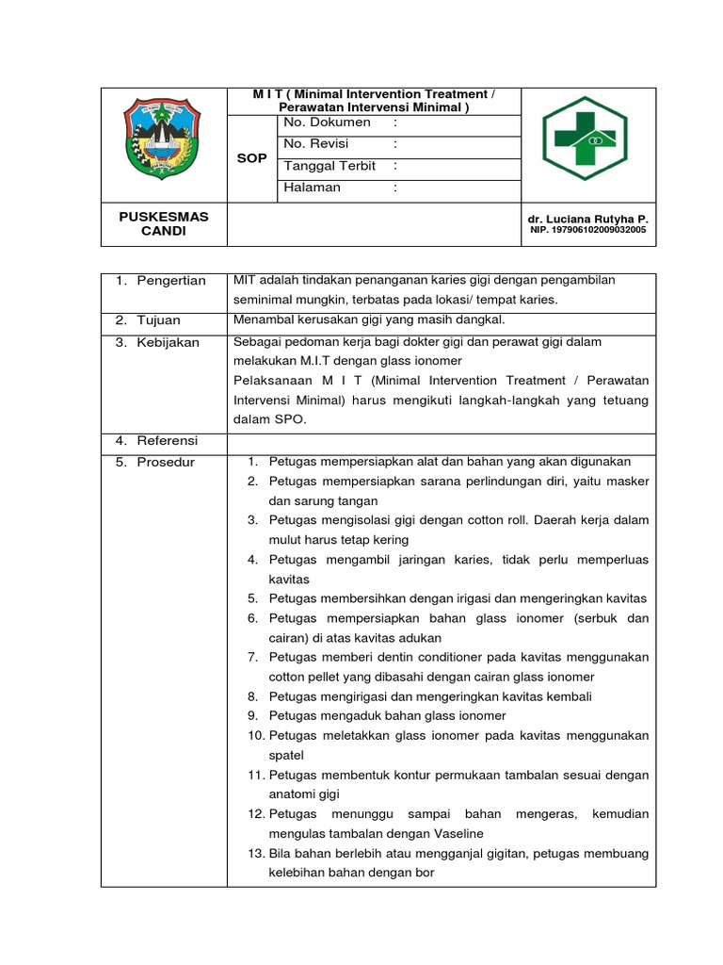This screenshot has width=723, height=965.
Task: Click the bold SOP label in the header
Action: point(251,158)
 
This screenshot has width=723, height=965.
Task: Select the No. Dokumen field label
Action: point(328,123)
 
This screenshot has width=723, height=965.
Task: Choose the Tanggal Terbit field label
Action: point(329,166)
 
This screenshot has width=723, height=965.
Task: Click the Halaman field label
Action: point(313,188)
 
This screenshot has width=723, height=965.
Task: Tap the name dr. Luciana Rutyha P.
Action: point(588,219)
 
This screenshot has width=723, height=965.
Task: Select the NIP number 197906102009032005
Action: point(588,230)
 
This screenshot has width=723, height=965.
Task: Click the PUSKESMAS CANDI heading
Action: point(164,223)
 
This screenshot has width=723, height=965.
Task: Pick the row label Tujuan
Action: point(161,320)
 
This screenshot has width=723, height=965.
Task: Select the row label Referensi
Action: point(168,441)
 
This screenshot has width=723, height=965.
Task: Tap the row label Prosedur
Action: point(167,463)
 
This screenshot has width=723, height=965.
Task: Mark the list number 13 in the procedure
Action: point(256,853)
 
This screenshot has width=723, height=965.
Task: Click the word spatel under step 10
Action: point(286,755)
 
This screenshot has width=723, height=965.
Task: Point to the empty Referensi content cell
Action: point(441,442)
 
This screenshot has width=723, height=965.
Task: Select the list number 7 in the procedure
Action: point(253,656)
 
